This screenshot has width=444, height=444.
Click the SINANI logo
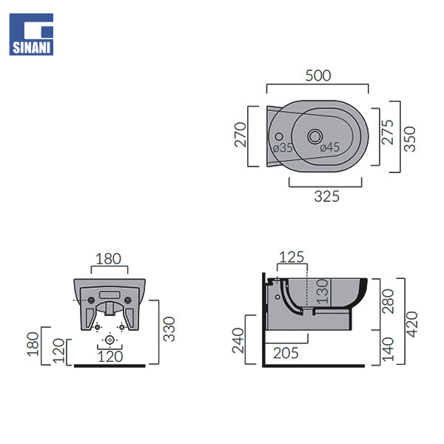click(31, 34)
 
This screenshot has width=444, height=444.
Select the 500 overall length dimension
click(318, 75)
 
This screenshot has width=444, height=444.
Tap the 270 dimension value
click(240, 135)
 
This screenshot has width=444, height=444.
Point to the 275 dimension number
click(387, 132)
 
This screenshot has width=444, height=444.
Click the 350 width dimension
click(409, 139)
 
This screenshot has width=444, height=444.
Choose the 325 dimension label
click(327, 197)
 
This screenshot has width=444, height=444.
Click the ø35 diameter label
click(283, 148)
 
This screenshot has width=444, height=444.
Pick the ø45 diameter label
click(329, 147)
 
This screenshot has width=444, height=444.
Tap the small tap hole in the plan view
click(279, 136)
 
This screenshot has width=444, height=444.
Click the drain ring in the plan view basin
click(314, 136)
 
